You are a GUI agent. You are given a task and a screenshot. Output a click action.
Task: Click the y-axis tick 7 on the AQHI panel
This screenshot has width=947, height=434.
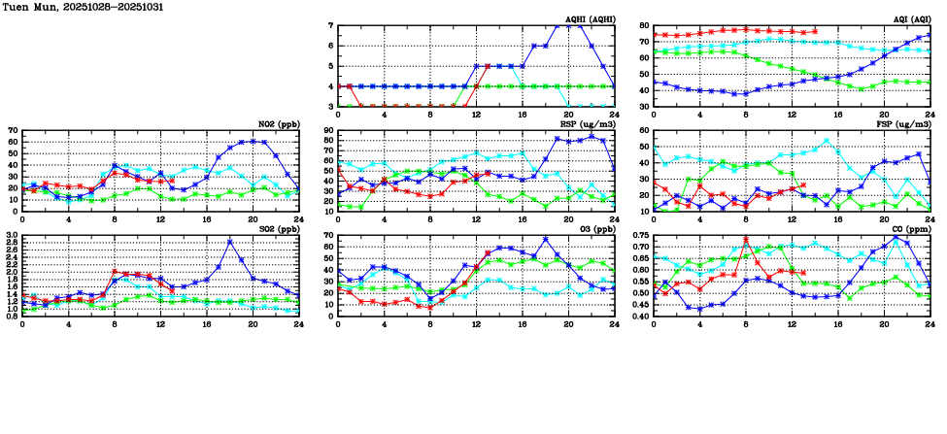coord(331,26)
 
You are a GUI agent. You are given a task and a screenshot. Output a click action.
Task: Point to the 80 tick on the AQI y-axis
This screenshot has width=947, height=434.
coord(644,26)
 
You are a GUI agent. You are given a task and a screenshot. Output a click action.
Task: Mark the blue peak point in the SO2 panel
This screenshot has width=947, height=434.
coord(230,241)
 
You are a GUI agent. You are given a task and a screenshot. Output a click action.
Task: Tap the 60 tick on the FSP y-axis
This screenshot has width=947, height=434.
coord(644,130)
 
